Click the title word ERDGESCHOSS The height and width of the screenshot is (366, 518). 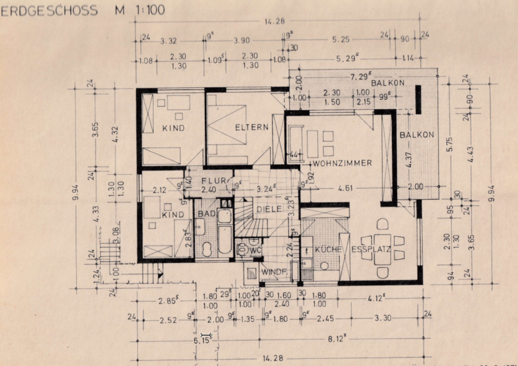(x=50, y=10)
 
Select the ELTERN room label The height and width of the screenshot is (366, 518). (x=251, y=128)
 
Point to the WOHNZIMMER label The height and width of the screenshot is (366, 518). (x=342, y=163)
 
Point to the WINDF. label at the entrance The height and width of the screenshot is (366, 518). (x=273, y=271)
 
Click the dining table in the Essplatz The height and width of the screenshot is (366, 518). (x=383, y=249)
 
